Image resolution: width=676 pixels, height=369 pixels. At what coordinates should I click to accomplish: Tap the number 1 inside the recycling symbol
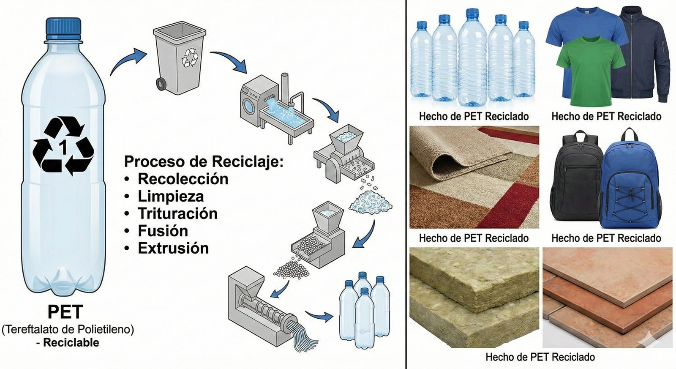[63, 148]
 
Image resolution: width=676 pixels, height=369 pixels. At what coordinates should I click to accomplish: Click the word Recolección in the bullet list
[183, 179]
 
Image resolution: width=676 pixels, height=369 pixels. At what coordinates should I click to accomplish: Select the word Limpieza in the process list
[171, 196]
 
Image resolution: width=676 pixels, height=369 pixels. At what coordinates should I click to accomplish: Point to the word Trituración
[177, 213]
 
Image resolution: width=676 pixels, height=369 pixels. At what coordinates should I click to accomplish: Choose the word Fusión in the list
[163, 231]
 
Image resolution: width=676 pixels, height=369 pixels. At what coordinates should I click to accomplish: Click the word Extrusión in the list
[173, 248]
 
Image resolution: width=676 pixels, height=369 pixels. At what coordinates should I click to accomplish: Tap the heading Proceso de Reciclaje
[204, 161]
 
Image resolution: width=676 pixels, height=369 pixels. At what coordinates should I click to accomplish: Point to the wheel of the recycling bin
[161, 84]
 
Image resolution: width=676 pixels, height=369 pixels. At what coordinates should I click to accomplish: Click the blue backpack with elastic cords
[632, 182]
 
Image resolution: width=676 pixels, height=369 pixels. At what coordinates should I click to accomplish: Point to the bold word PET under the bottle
[65, 312]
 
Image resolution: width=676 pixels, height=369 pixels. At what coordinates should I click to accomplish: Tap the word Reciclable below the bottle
[71, 342]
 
